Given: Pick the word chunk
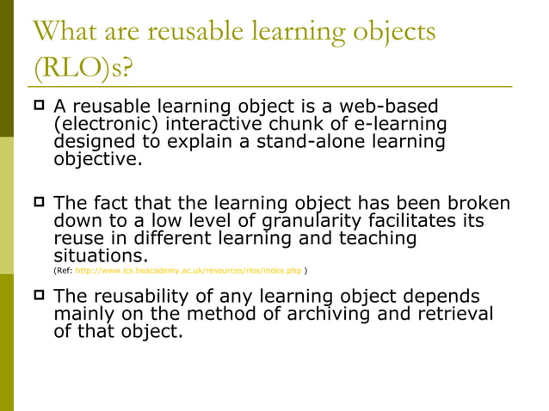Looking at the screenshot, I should [x=295, y=126].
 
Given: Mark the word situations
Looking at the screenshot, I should [x=100, y=257].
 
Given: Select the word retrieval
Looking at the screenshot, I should [x=455, y=314].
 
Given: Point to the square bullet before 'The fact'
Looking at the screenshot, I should [x=39, y=205].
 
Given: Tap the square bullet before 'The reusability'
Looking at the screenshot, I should [x=39, y=297].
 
